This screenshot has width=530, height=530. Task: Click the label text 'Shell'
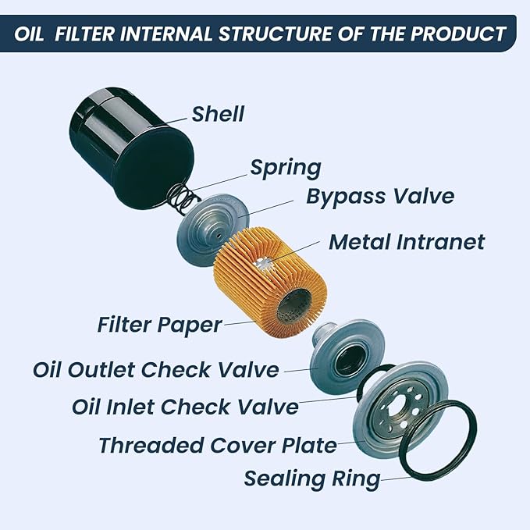pyautogui.click(x=218, y=114)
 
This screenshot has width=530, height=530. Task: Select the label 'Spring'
pyautogui.click(x=285, y=167)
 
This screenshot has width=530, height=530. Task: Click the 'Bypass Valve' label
pyautogui.click(x=379, y=195)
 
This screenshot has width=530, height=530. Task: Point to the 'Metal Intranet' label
pyautogui.click(x=406, y=241)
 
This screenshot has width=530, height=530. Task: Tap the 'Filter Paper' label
pyautogui.click(x=159, y=324)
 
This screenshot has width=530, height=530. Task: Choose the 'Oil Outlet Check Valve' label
pyautogui.click(x=155, y=368)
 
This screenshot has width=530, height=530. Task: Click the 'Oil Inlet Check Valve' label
pyautogui.click(x=185, y=406)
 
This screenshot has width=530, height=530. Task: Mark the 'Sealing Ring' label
pyautogui.click(x=311, y=478)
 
